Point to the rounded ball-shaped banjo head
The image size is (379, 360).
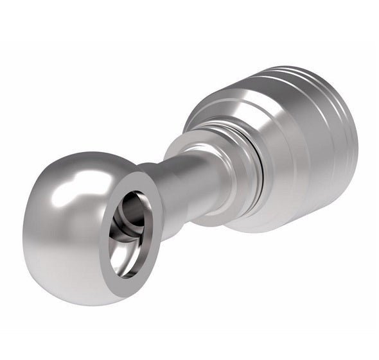pyautogui.click(x=71, y=225)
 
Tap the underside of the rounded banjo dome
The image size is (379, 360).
pyautogui.click(x=64, y=282)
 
